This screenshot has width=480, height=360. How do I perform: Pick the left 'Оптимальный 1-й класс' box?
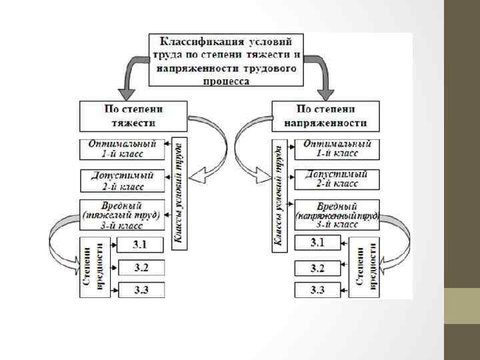point(122,148)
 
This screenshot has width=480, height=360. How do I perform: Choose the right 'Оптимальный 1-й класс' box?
point(335,148)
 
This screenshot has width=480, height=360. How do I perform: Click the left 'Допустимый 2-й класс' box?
point(122,179)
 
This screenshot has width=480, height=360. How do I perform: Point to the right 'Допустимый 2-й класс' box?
point(335,179)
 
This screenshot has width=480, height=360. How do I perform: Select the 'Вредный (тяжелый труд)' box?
point(122,215)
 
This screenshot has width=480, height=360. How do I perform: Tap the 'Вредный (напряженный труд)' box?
point(337,215)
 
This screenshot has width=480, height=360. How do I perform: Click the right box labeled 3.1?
point(317,243)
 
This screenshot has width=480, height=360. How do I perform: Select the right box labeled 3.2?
point(317,268)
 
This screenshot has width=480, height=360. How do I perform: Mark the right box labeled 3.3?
point(317,290)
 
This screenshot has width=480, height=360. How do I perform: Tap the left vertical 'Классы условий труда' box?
point(179,193)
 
